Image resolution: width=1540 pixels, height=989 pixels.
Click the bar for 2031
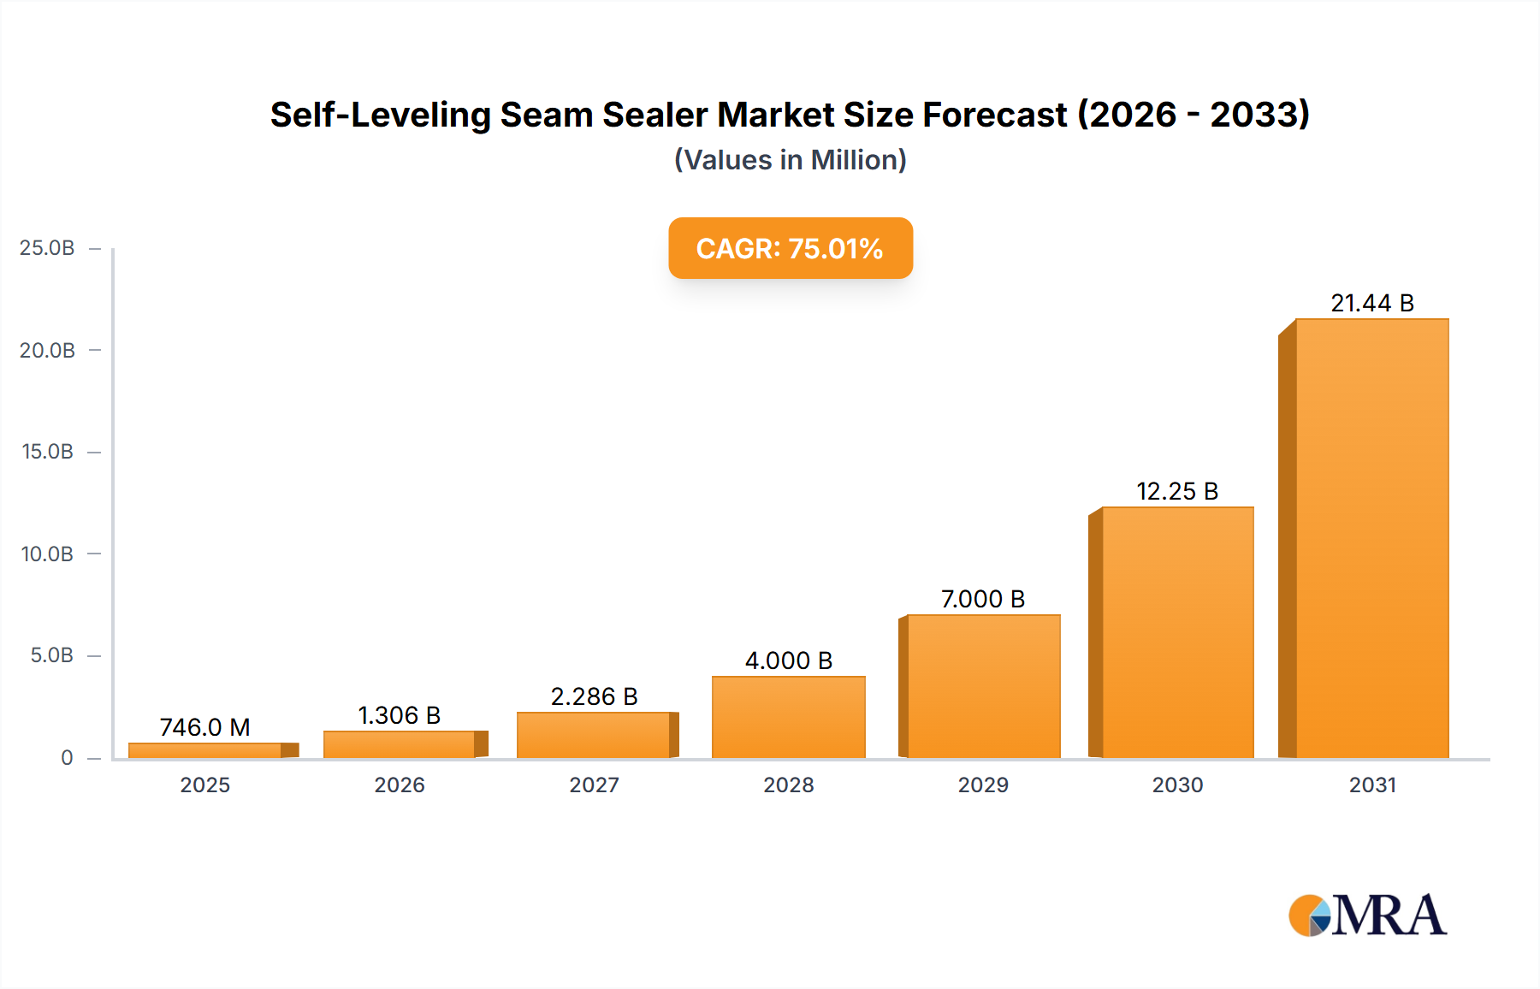1371,539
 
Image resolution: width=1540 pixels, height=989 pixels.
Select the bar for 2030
1177,633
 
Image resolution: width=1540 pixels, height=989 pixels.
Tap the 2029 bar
983,686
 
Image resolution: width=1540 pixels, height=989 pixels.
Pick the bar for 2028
788,717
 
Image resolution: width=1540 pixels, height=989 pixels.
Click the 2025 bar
205,750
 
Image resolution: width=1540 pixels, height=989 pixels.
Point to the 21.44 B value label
1372,303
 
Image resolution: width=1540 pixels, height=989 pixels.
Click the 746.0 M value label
205,727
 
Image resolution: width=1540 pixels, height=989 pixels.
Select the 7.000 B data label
983,599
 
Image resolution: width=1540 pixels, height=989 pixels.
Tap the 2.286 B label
594,696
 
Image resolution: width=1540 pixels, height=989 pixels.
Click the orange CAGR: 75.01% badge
790,248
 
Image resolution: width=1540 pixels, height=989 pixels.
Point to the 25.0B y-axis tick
47,248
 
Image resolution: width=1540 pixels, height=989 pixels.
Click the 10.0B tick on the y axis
47,554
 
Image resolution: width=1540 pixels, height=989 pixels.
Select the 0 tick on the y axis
67,758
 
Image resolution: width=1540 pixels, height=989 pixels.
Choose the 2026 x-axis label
400,785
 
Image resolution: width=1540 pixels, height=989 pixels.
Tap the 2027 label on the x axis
594,785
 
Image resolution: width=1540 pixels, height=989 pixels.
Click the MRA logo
1367,915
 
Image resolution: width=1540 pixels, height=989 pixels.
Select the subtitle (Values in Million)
790,160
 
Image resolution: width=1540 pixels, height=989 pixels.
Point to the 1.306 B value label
399,715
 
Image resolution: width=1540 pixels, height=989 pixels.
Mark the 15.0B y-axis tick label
47,452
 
